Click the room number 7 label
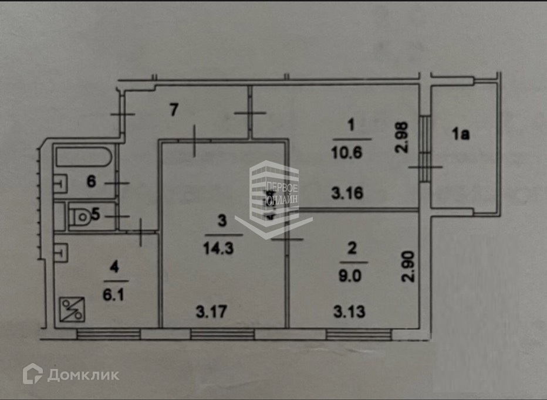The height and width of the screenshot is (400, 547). (x=173, y=110)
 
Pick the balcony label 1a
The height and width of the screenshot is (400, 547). (x=461, y=134)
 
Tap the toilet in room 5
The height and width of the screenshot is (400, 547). (x=80, y=217)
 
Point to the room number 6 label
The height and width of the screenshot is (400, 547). (x=91, y=181)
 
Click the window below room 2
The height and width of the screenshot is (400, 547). (x=359, y=334)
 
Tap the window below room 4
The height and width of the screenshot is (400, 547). (x=108, y=334)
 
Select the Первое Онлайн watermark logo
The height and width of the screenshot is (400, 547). (x=274, y=196)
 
